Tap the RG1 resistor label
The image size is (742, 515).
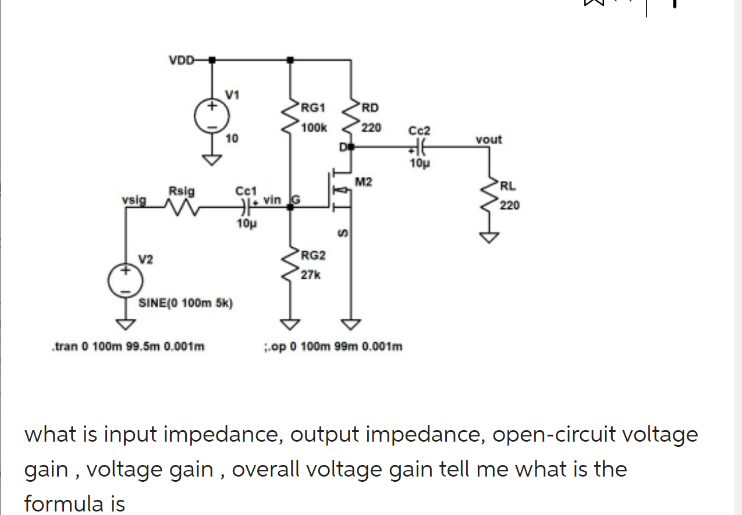[313, 108]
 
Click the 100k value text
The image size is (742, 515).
[315, 127]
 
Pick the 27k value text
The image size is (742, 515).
[310, 275]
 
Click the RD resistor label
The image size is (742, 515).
[370, 108]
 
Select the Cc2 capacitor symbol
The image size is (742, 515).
[421, 147]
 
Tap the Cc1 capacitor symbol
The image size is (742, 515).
[246, 205]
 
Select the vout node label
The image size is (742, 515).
[488, 140]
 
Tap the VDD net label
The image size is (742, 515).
[181, 60]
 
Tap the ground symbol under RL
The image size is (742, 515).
[490, 237]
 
